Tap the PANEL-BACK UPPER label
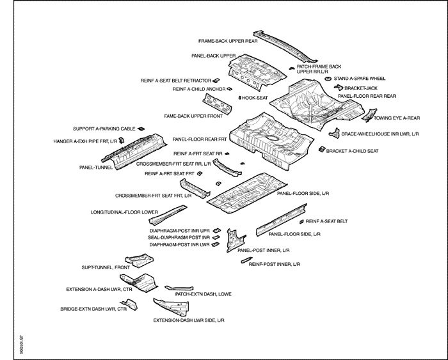(214, 56)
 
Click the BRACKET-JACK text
(362, 88)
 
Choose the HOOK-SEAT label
(255, 98)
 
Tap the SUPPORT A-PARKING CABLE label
(104, 129)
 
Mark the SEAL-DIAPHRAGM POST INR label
(179, 237)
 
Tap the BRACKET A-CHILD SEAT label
(353, 151)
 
